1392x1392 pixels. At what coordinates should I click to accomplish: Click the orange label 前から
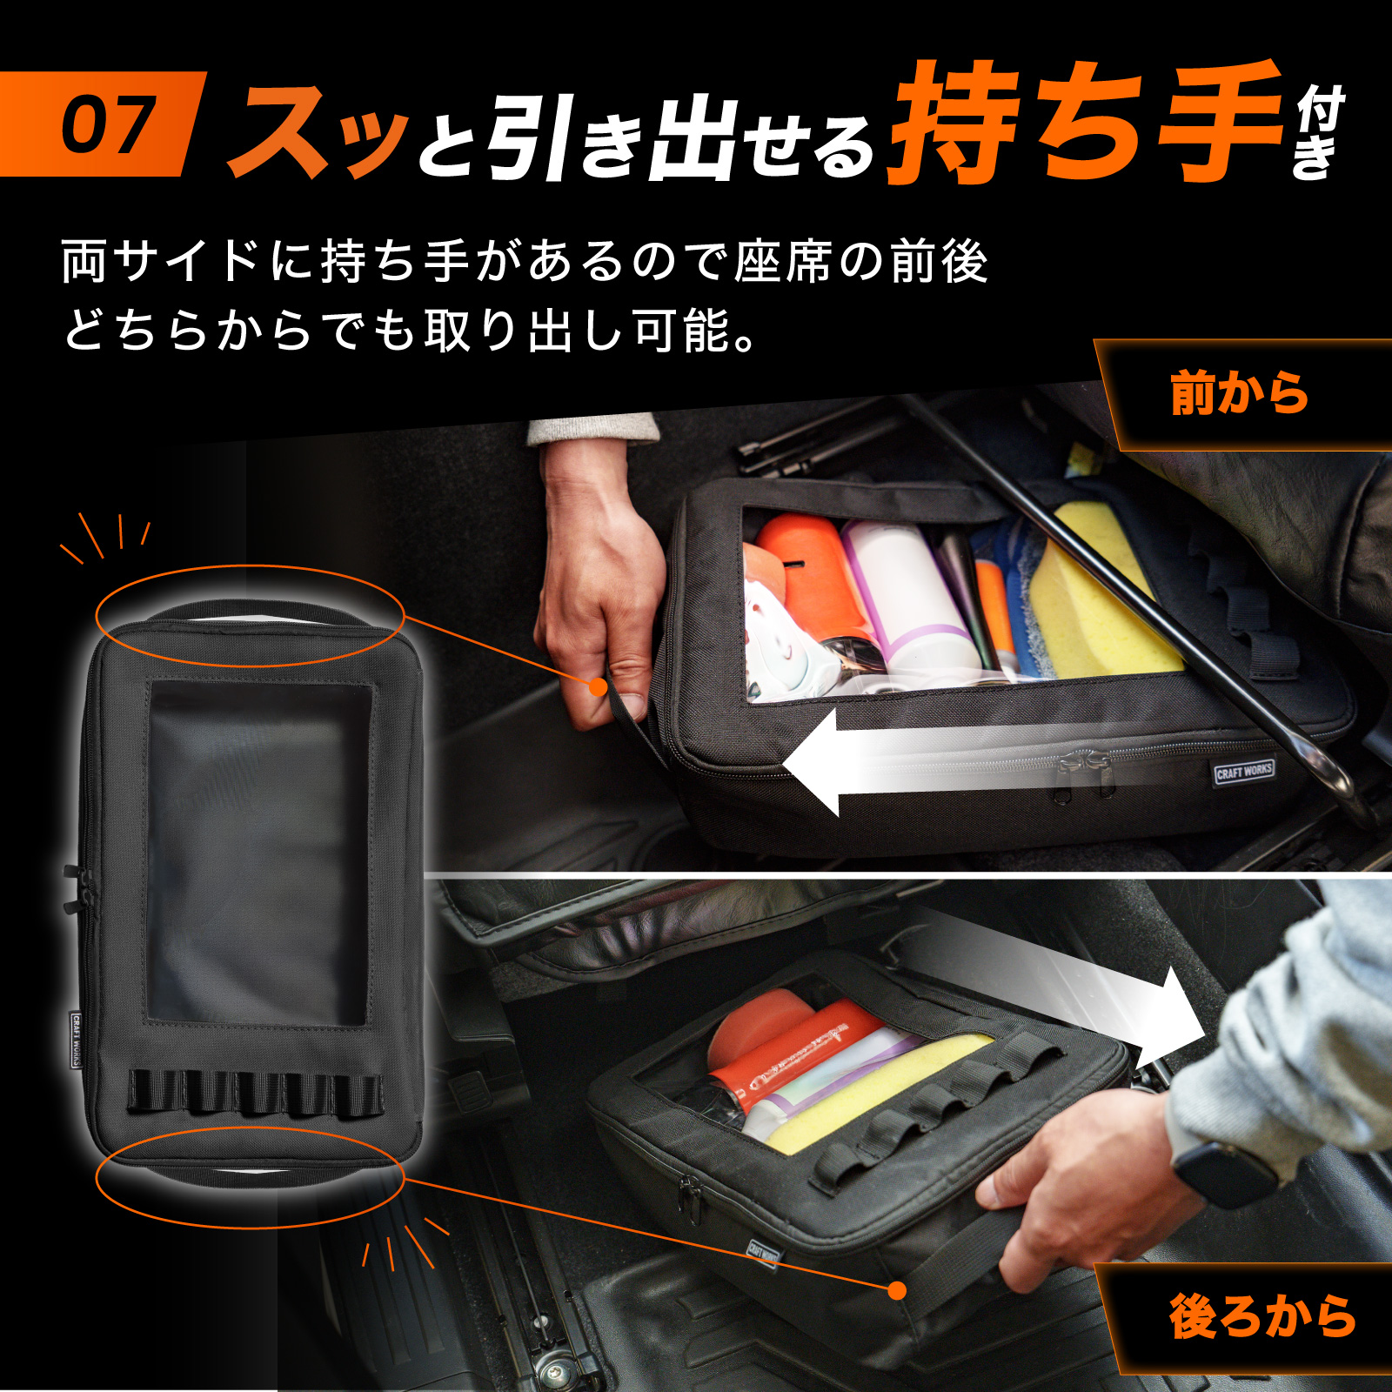[1240, 393]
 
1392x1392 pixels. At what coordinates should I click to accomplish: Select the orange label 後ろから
[1262, 1316]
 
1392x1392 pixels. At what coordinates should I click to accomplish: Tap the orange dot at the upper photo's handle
[598, 687]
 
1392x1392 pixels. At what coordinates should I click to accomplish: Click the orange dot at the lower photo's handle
[898, 1290]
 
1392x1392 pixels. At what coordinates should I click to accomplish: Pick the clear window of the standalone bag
[259, 853]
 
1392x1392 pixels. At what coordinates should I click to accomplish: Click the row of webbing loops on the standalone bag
[254, 1094]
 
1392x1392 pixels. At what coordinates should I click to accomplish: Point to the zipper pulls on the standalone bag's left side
[71, 889]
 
